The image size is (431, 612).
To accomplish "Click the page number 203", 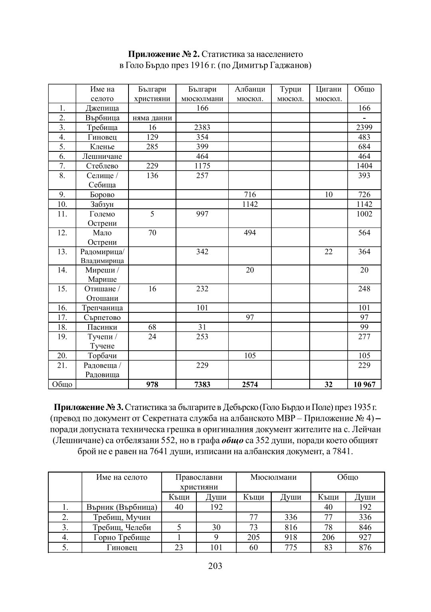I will pos(215,565).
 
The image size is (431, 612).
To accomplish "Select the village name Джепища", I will pos(102,108).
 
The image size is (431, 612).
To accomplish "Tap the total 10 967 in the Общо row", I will pos(364,384).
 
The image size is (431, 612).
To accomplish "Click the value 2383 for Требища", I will pos(202,127).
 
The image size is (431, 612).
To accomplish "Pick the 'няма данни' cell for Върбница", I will pos(152,118).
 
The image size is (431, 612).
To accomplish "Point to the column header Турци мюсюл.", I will pos(290,94).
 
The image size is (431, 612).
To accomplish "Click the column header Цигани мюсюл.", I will pos(328,94).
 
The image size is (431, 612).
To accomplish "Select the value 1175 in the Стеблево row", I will pos(202,166).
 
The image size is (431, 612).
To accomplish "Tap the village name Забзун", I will pos(102,204).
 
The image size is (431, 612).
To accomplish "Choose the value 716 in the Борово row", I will pos(250,195).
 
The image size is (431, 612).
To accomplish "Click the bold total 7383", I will pos(202,384).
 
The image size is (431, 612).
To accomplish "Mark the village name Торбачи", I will pos(102,356).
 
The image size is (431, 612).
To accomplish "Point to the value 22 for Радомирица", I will pos(328,252).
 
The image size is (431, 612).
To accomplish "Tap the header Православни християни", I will pos(199,482).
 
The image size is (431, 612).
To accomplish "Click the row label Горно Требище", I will pos(122,537).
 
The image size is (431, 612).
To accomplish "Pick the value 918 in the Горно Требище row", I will pos(291,537).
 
